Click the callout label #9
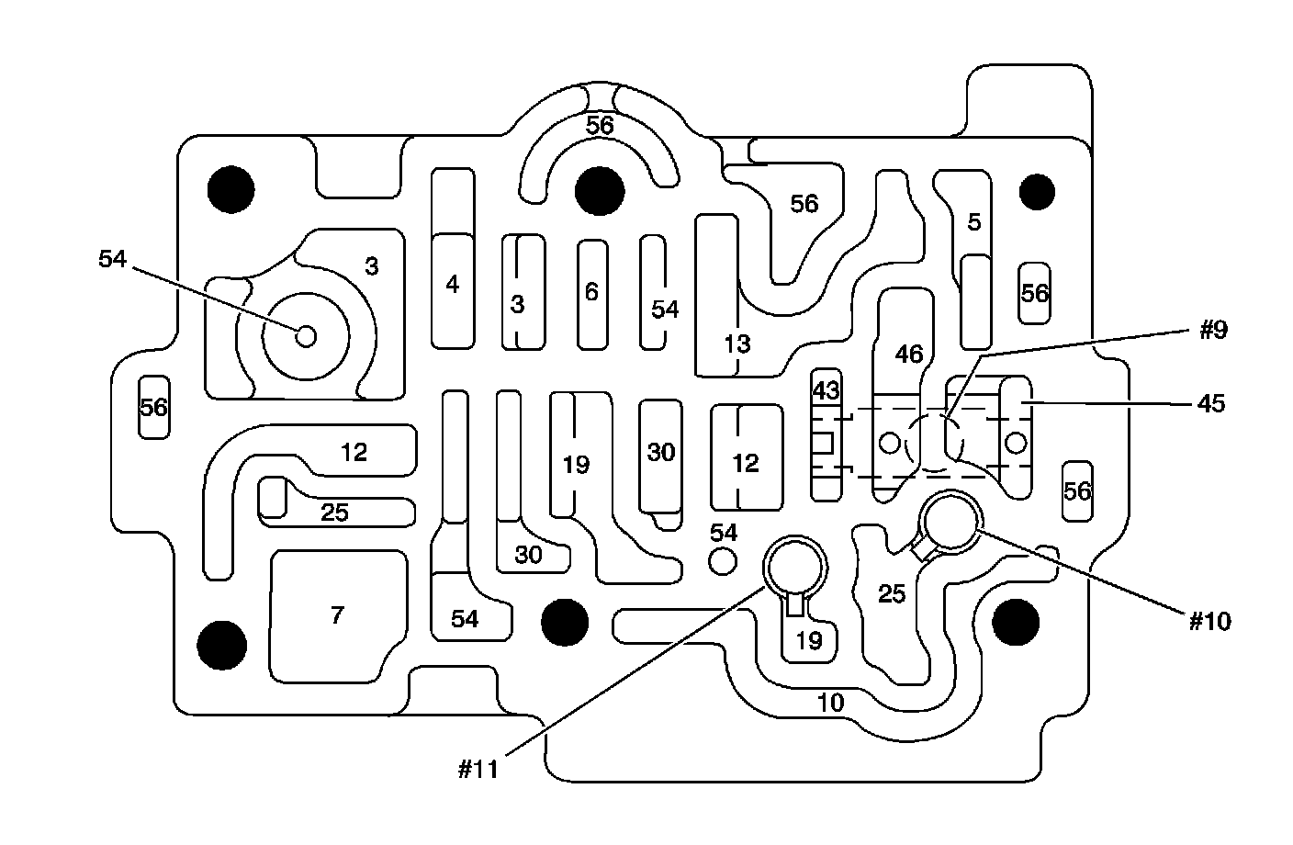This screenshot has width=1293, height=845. tap(1213, 331)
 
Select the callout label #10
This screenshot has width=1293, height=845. tap(1209, 621)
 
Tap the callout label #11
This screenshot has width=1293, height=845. tap(478, 769)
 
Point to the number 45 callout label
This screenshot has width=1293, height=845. tap(1211, 403)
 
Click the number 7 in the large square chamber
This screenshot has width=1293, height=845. tap(337, 615)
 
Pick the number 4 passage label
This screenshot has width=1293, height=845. tap(452, 285)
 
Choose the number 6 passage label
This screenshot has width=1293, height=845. tap(591, 292)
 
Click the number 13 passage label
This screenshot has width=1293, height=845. tap(736, 344)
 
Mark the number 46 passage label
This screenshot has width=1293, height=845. tap(908, 355)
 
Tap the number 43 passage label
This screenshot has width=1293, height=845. tap(826, 390)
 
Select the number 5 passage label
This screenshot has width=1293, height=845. tap(974, 221)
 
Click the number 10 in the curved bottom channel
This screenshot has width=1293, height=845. tap(829, 704)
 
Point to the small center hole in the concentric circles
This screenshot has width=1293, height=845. tap(306, 336)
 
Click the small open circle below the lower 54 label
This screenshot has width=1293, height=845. tap(724, 559)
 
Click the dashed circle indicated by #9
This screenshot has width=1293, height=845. tap(935, 442)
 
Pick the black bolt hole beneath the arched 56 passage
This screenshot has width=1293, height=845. tap(600, 191)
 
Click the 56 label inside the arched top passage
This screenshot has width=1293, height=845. tap(600, 125)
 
